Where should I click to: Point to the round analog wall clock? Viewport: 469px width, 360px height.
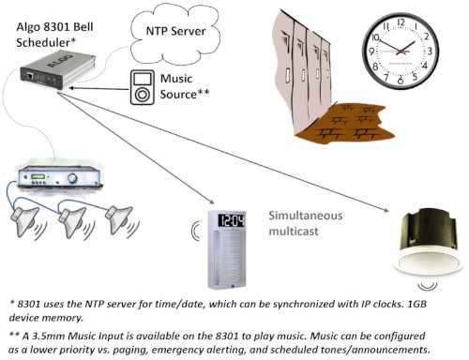point(406,48)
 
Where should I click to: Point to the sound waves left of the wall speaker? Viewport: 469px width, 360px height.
point(192,231)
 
